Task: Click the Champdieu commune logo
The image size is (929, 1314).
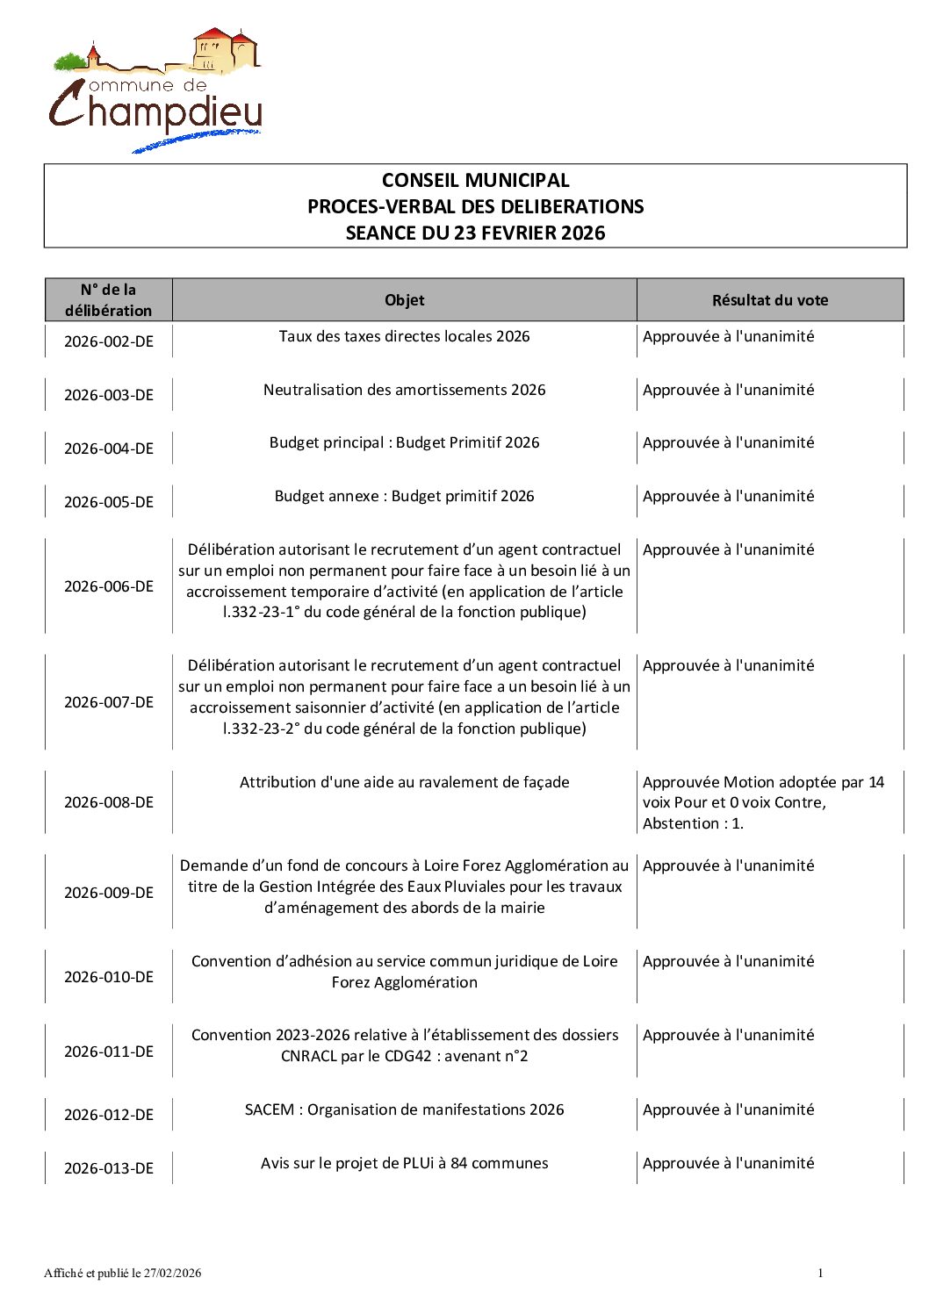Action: [155, 90]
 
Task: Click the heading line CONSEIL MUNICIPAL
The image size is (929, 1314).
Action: [475, 181]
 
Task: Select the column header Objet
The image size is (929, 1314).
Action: [404, 300]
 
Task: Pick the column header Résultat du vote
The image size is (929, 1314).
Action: [769, 300]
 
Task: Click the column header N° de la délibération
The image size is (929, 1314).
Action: [109, 300]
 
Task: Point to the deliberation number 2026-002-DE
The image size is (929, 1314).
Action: [109, 341]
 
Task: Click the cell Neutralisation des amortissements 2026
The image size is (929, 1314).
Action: [404, 390]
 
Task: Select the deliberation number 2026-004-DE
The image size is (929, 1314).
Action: [109, 449]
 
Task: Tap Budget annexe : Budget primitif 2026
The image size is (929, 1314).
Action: [404, 496]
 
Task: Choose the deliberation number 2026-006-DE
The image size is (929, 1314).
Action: [109, 586]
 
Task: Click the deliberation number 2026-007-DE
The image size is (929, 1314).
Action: [109, 702]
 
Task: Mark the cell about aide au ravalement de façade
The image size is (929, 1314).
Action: [404, 782]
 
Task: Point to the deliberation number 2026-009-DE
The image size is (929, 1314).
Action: [109, 893]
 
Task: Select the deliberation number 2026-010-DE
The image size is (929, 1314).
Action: [109, 977]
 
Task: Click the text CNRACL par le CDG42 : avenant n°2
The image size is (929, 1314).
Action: [404, 1056]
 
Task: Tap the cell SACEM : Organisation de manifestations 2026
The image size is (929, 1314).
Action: [404, 1109]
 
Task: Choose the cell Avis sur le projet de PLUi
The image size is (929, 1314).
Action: [404, 1163]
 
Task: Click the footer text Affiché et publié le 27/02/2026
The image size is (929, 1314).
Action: [123, 1273]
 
